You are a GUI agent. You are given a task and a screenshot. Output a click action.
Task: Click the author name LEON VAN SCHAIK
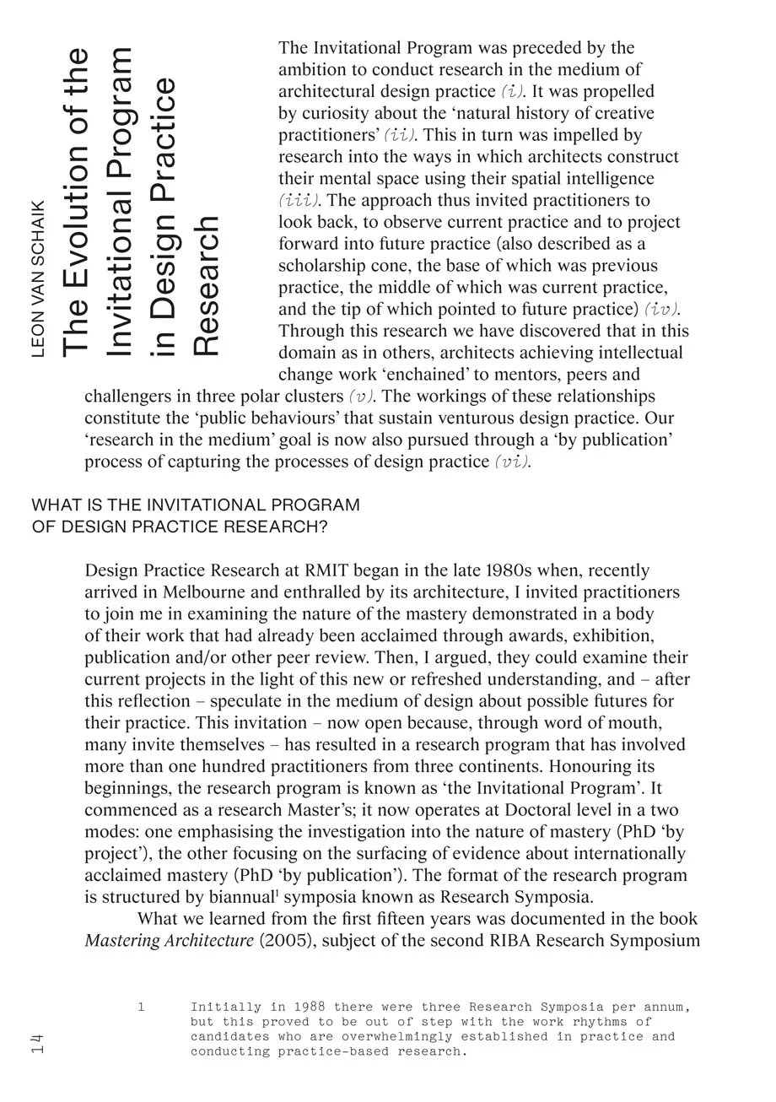[x=38, y=278]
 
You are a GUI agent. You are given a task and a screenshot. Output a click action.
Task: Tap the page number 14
[x=36, y=1043]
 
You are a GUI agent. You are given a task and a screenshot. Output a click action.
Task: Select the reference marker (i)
[x=512, y=91]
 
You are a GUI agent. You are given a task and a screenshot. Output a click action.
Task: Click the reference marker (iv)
[x=662, y=310]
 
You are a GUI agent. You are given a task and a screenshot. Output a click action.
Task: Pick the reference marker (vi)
[x=513, y=462]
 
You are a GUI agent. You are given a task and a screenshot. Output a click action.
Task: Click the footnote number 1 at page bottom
[x=142, y=1007]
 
